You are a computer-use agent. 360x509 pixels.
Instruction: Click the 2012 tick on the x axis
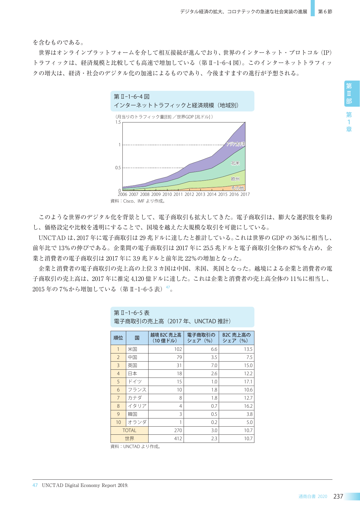pyautogui.click(x=189, y=194)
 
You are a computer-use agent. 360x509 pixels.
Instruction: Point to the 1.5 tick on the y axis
pyautogui.click(x=118, y=122)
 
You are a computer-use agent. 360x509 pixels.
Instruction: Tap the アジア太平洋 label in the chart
pyautogui.click(x=236, y=144)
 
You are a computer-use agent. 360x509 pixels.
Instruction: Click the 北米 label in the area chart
pyautogui.click(x=235, y=163)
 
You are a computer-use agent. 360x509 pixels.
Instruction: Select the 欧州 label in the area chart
pyautogui.click(x=235, y=179)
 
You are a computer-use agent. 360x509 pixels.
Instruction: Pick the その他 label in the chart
pyautogui.click(x=237, y=188)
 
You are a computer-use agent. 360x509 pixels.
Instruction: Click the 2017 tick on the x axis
pyautogui.click(x=245, y=194)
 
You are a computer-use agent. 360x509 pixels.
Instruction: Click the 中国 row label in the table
pyautogui.click(x=133, y=357)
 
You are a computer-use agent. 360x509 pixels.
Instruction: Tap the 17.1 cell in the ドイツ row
pyautogui.click(x=248, y=382)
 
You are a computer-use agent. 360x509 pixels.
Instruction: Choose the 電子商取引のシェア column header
pyautogui.click(x=201, y=338)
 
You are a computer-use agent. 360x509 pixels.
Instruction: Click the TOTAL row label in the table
pyautogui.click(x=129, y=430)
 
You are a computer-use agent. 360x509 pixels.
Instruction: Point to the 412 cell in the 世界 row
pyautogui.click(x=178, y=438)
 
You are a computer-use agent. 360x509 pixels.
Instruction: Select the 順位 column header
pyautogui.click(x=118, y=338)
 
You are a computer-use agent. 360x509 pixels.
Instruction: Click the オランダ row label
pyautogui.click(x=137, y=422)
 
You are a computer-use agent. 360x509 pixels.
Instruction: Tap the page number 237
pyautogui.click(x=338, y=496)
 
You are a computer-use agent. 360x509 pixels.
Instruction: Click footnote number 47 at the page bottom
pyautogui.click(x=35, y=485)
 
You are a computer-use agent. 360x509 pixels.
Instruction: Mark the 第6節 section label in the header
pyautogui.click(x=325, y=12)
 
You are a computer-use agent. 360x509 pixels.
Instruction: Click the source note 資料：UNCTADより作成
pyautogui.click(x=136, y=446)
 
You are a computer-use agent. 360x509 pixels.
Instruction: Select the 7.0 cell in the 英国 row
pyautogui.click(x=214, y=365)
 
